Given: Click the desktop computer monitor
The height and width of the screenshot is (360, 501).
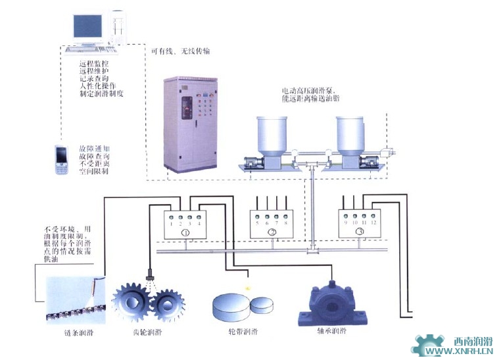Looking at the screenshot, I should click(87, 27).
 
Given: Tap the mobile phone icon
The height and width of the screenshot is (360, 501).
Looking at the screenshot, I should click(62, 161).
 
